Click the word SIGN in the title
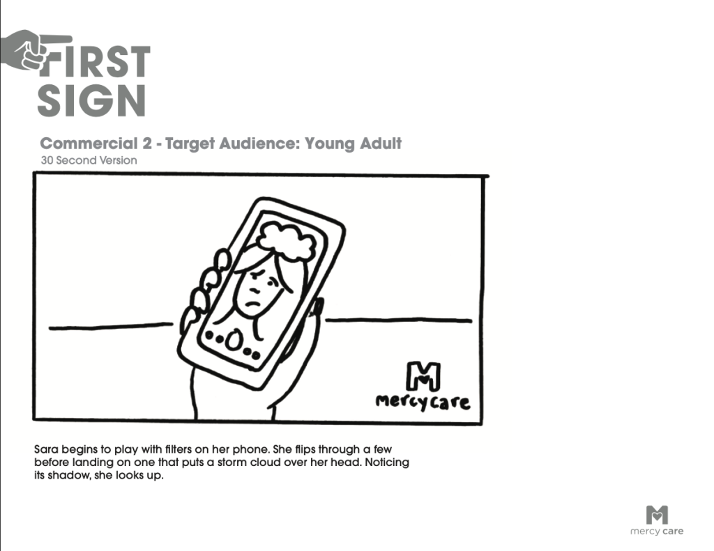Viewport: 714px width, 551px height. click(x=91, y=100)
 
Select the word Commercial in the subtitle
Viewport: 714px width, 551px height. click(x=89, y=143)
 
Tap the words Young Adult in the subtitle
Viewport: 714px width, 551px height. click(x=354, y=143)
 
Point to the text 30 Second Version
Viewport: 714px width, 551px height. click(x=89, y=160)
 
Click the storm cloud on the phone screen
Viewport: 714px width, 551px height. click(x=287, y=240)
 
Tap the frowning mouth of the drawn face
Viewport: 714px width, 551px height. click(x=252, y=304)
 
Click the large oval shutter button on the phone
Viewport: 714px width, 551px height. click(x=234, y=341)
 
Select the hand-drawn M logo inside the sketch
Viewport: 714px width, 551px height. click(x=423, y=376)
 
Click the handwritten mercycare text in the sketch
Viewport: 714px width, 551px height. click(x=423, y=402)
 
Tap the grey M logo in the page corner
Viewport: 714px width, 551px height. click(x=657, y=515)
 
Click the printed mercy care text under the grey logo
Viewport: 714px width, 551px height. click(x=657, y=531)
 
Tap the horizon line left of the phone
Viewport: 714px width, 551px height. click(x=111, y=326)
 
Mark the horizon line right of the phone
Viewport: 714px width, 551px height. click(x=399, y=320)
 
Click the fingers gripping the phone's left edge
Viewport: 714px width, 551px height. click(x=205, y=287)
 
